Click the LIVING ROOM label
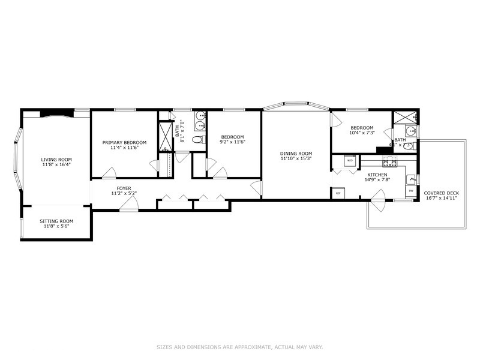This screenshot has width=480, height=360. click(x=56, y=160)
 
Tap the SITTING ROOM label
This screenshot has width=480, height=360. click(x=56, y=221)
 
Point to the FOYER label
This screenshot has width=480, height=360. click(x=124, y=188)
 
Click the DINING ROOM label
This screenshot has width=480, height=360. click(x=296, y=153)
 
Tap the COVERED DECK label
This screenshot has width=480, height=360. click(x=442, y=193)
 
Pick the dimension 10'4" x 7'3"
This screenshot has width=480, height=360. click(x=362, y=133)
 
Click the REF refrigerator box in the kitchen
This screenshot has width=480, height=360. click(x=338, y=193)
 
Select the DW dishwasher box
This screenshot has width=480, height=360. click(x=411, y=191)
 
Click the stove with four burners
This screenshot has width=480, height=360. click(x=390, y=161)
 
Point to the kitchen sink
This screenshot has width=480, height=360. click(x=411, y=178)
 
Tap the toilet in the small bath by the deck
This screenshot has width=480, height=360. click(x=409, y=145)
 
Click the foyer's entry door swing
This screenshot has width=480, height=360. click(x=128, y=204)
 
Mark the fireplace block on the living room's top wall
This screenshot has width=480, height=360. click(x=56, y=113)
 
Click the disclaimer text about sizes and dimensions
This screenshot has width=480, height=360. click(x=240, y=346)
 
